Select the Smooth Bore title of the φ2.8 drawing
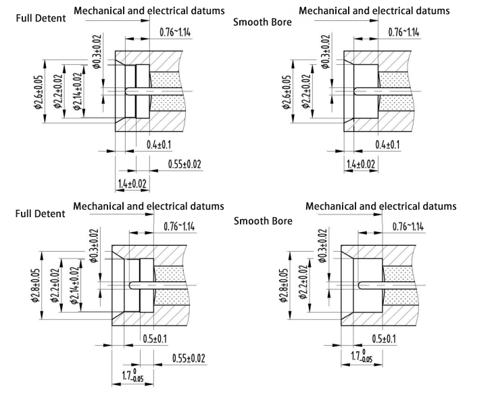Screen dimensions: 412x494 point(263,221)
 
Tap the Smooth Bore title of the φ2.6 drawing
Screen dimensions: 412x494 point(262,22)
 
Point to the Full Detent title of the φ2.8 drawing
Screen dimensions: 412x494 point(41,214)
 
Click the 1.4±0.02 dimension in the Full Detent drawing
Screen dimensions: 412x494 point(133,185)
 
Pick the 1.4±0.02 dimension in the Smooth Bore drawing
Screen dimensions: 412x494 point(362,165)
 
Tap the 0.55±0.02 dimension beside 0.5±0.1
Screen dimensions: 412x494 point(189,358)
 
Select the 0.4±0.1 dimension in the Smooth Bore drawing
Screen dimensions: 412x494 point(387,145)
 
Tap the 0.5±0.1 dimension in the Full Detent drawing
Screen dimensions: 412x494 point(155,339)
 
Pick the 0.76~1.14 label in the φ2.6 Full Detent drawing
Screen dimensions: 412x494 point(175,32)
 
